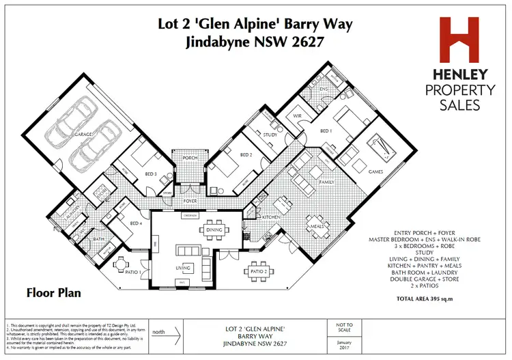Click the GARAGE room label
83,136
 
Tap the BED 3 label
152,174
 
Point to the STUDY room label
270,135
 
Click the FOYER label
190,202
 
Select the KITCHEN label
272,217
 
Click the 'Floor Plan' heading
53,293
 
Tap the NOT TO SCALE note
345,329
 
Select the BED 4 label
135,223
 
